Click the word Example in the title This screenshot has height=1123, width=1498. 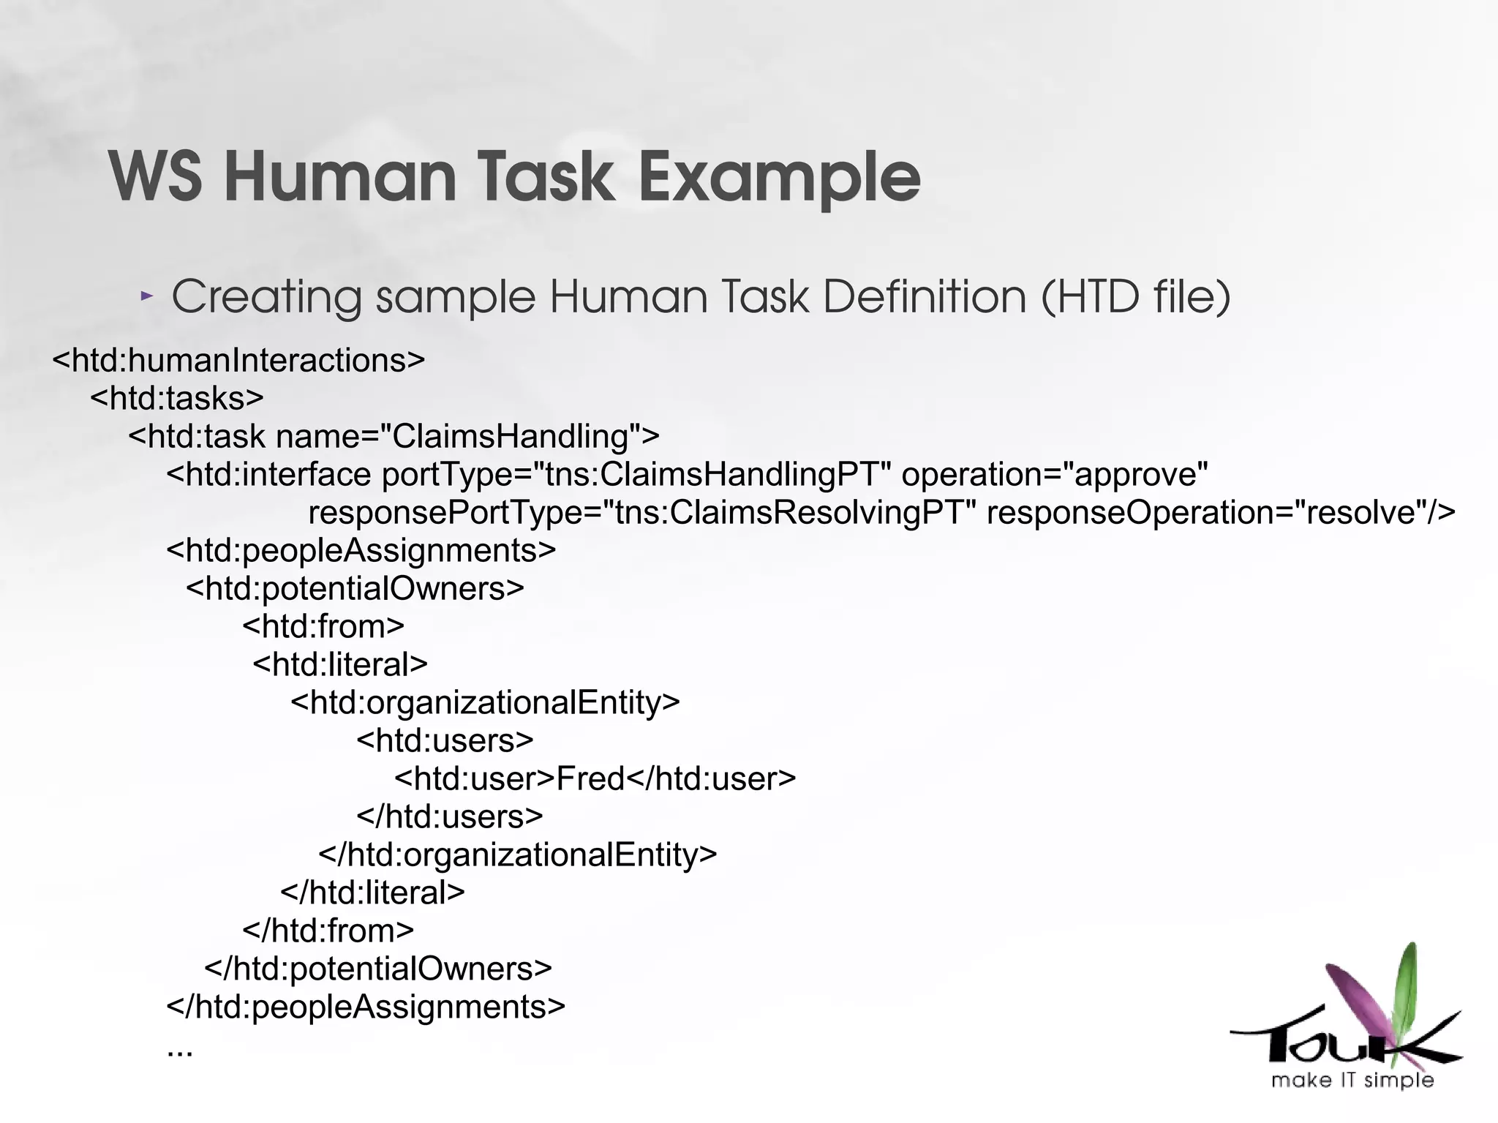(779, 177)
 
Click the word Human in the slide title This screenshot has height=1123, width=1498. (340, 177)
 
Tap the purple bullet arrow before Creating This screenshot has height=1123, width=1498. (147, 296)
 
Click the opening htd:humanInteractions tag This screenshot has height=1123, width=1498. (238, 361)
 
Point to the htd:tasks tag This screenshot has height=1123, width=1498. (177, 399)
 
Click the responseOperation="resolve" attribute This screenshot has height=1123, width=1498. (1220, 513)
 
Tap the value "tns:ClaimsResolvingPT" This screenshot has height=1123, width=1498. (789, 513)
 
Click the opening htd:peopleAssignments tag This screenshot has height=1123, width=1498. (361, 551)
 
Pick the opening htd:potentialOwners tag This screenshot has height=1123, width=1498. (355, 589)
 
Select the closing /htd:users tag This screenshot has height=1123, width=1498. (450, 817)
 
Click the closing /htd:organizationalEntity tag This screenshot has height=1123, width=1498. (518, 855)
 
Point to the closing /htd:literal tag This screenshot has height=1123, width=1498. (373, 893)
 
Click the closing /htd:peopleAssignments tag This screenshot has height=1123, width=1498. (366, 1007)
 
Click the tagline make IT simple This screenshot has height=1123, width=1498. (1352, 1081)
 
